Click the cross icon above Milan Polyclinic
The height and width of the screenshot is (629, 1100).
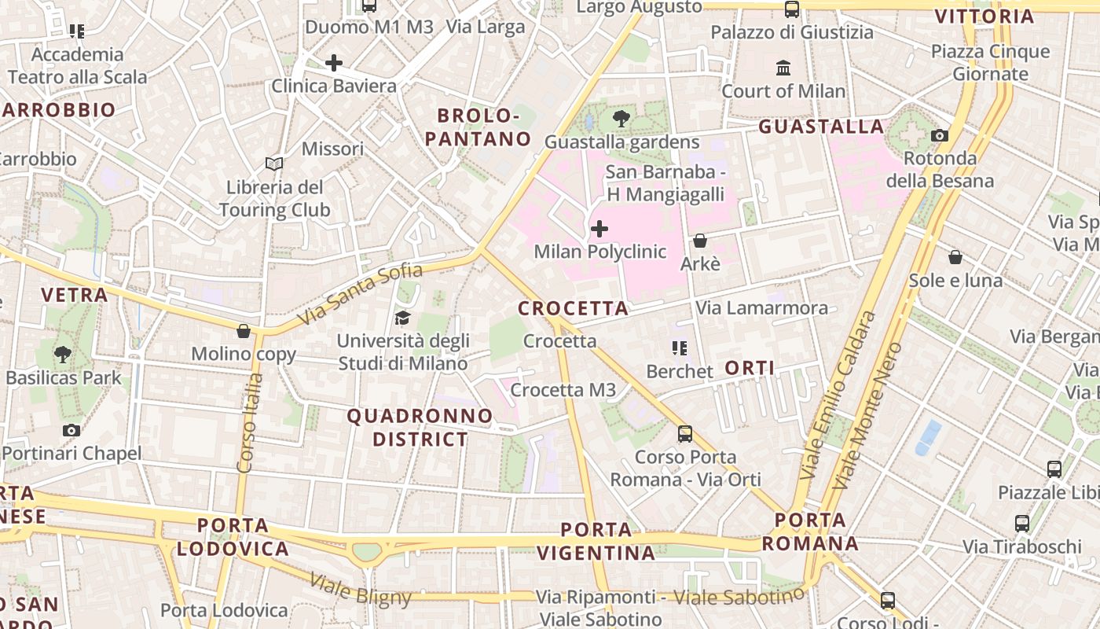(x=599, y=229)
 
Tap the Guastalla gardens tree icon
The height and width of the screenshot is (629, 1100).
(x=621, y=119)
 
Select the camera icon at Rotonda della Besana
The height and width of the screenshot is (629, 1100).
(x=939, y=135)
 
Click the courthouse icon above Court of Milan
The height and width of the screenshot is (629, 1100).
(x=783, y=68)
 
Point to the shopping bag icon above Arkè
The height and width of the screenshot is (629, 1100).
(x=699, y=241)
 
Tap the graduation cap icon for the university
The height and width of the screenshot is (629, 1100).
(x=402, y=318)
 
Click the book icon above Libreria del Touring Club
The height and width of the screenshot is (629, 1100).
(x=273, y=164)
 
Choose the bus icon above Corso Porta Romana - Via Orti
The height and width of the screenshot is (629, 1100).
(x=685, y=433)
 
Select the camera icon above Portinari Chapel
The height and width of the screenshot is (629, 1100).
(x=71, y=430)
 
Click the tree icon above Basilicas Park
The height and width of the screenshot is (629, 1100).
(x=63, y=355)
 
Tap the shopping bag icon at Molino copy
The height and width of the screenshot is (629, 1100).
(x=244, y=331)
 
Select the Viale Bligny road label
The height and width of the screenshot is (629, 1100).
(x=361, y=590)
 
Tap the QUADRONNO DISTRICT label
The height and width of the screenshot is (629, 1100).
(x=420, y=427)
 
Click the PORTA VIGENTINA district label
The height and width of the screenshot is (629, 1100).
(x=596, y=541)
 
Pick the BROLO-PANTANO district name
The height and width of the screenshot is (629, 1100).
(x=484, y=127)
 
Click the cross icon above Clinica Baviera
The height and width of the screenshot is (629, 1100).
(x=334, y=63)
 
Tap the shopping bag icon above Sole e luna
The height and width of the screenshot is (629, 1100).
(x=955, y=257)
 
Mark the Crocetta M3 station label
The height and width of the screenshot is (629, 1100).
(x=563, y=390)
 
